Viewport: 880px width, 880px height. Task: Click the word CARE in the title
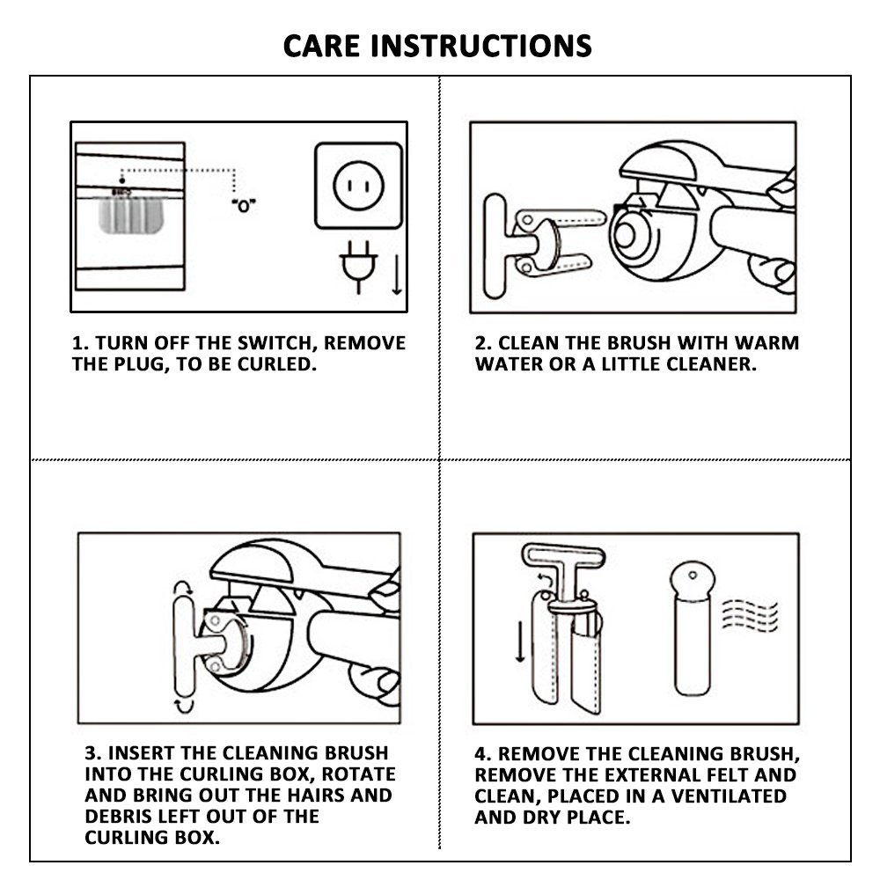[321, 46]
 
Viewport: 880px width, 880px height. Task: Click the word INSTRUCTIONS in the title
[481, 46]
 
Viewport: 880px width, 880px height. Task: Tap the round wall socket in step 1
[359, 186]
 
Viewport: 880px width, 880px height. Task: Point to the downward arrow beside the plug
[397, 275]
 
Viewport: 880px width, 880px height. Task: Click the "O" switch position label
[244, 206]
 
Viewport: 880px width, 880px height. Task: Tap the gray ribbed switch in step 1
[131, 215]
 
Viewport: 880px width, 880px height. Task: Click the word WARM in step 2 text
[766, 343]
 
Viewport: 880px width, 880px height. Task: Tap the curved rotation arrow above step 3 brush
[183, 588]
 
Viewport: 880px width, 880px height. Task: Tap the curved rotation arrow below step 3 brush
[184, 706]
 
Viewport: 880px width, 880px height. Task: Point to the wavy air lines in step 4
[750, 616]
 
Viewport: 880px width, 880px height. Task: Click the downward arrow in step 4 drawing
[520, 642]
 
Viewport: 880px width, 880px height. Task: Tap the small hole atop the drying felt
[693, 576]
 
